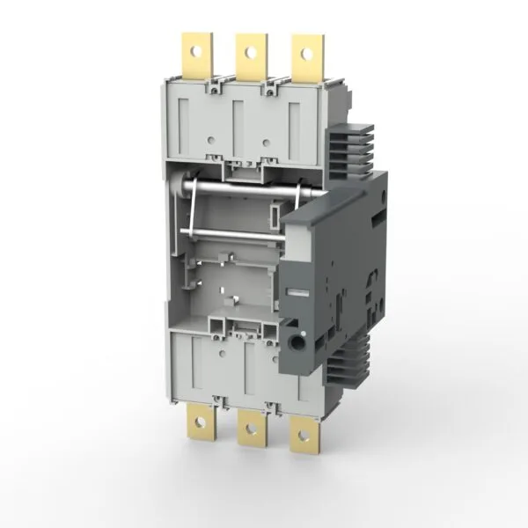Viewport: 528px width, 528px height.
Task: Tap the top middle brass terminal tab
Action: [x=251, y=55]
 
